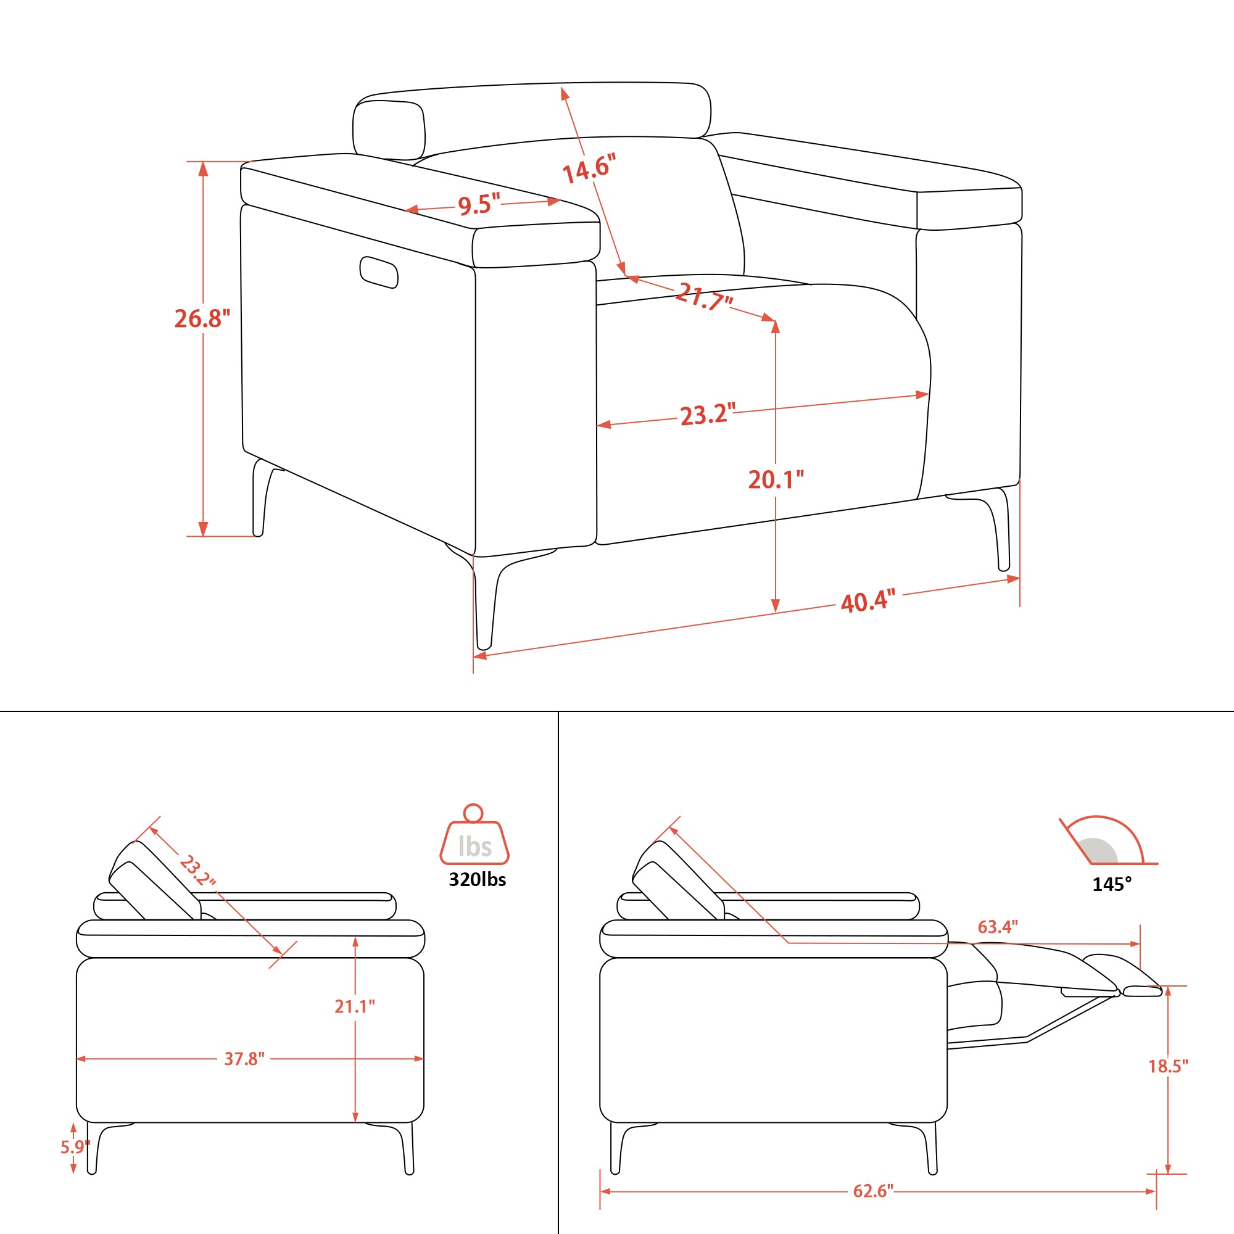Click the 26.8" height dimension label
202,318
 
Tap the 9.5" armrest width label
479,205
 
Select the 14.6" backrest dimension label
589,168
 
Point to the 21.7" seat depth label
704,296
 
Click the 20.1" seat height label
776,479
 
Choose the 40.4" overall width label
868,601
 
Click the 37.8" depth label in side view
244,1058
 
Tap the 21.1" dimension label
355,1006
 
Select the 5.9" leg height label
75,1147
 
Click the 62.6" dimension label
873,1191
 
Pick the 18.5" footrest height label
1168,1066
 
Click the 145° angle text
1112,885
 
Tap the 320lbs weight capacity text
477,879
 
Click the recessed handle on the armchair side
379,272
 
